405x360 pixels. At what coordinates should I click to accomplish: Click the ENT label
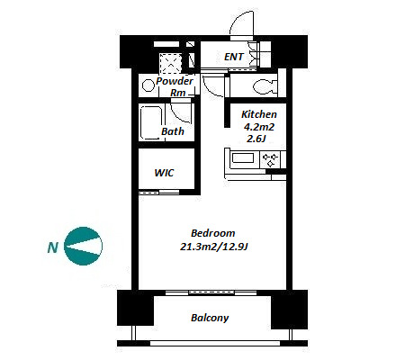coord(234,57)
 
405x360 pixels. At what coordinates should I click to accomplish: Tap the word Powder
coord(175,81)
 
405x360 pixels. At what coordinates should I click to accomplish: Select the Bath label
coord(173,131)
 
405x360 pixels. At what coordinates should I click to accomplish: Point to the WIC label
coord(164,173)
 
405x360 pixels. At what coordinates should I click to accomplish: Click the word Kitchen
coord(259,114)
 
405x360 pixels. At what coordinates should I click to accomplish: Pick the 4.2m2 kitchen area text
coord(259,127)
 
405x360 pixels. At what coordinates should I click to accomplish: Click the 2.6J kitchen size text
coord(256,139)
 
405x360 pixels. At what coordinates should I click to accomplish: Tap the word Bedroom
coord(213,233)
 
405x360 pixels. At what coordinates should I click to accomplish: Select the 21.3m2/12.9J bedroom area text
coord(213,247)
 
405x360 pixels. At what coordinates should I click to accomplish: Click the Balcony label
coord(210,318)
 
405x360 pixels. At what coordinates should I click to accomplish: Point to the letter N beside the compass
coord(53,247)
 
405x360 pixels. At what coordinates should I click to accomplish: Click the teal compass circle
coord(84,246)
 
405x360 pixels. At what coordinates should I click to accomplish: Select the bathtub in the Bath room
coord(151,122)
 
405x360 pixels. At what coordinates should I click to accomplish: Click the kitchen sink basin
coord(243,158)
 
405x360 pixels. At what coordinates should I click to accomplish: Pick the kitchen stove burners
coord(270,159)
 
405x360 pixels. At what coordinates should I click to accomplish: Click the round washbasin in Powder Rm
coord(148,85)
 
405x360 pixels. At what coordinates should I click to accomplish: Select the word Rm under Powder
coord(178,93)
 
